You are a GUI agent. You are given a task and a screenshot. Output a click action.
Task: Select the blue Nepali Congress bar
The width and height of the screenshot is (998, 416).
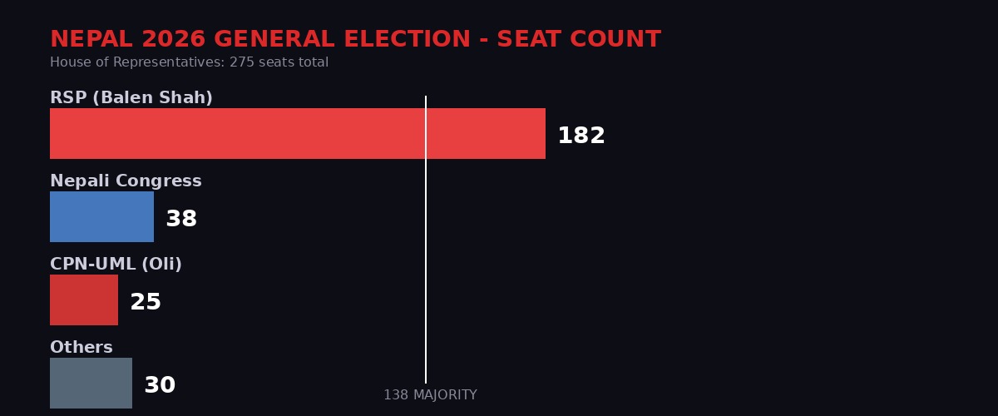tap(101, 216)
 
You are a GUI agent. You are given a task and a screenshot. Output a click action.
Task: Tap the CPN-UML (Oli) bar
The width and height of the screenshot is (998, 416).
tap(84, 300)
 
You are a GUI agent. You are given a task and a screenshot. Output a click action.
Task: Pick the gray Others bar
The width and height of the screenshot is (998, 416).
tap(91, 383)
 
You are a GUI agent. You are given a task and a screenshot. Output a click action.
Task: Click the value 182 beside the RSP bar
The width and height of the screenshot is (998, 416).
tap(581, 136)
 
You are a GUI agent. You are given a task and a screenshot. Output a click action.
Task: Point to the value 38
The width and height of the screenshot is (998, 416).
tap(181, 219)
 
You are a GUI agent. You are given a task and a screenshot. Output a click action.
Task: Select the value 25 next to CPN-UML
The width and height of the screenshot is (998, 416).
tap(146, 302)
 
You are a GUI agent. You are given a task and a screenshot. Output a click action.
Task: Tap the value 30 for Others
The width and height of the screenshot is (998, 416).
tap(160, 385)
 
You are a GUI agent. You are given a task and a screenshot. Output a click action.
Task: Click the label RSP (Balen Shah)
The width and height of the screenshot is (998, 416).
tap(131, 98)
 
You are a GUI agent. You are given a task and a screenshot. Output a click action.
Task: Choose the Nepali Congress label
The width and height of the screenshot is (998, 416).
tap(126, 181)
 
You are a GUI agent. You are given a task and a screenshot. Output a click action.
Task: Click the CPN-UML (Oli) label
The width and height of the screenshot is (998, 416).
tap(116, 265)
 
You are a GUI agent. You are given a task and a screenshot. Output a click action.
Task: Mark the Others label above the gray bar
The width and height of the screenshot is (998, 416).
tap(82, 348)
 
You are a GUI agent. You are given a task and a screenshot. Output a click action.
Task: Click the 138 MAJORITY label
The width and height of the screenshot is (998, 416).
tap(430, 395)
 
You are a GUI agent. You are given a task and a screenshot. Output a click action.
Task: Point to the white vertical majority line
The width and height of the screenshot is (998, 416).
tap(426, 250)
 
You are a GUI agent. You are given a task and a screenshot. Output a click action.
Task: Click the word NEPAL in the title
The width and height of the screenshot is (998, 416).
tap(91, 39)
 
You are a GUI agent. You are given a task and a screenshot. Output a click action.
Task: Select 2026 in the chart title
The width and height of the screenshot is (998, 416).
tap(175, 39)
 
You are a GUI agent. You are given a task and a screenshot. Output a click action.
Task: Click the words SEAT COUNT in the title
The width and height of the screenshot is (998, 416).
tap(579, 39)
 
